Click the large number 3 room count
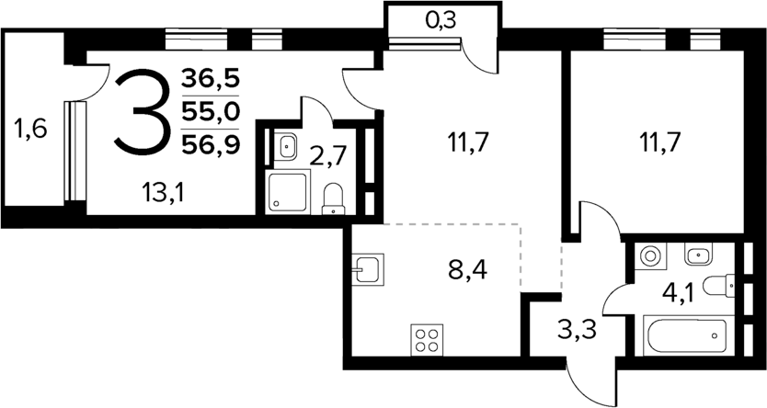tap(143, 112)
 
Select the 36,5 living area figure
tap(211, 78)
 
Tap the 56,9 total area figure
tap(211, 145)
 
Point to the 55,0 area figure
tap(211, 112)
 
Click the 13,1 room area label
tap(164, 194)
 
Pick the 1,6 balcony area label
tap(30, 130)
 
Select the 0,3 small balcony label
tap(441, 20)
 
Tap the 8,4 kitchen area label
tap(467, 269)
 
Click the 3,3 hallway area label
tap(577, 331)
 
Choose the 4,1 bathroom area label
tap(678, 295)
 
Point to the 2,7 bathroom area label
tap(328, 156)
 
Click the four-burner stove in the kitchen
tap(427, 340)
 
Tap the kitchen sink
tap(369, 268)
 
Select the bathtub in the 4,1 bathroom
tap(684, 335)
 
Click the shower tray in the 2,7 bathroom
tap(288, 191)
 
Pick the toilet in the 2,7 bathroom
tap(333, 198)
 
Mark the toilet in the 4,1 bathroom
tap(719, 286)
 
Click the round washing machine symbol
tap(650, 255)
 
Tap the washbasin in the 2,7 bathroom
tap(285, 146)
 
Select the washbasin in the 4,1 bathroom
tap(699, 255)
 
